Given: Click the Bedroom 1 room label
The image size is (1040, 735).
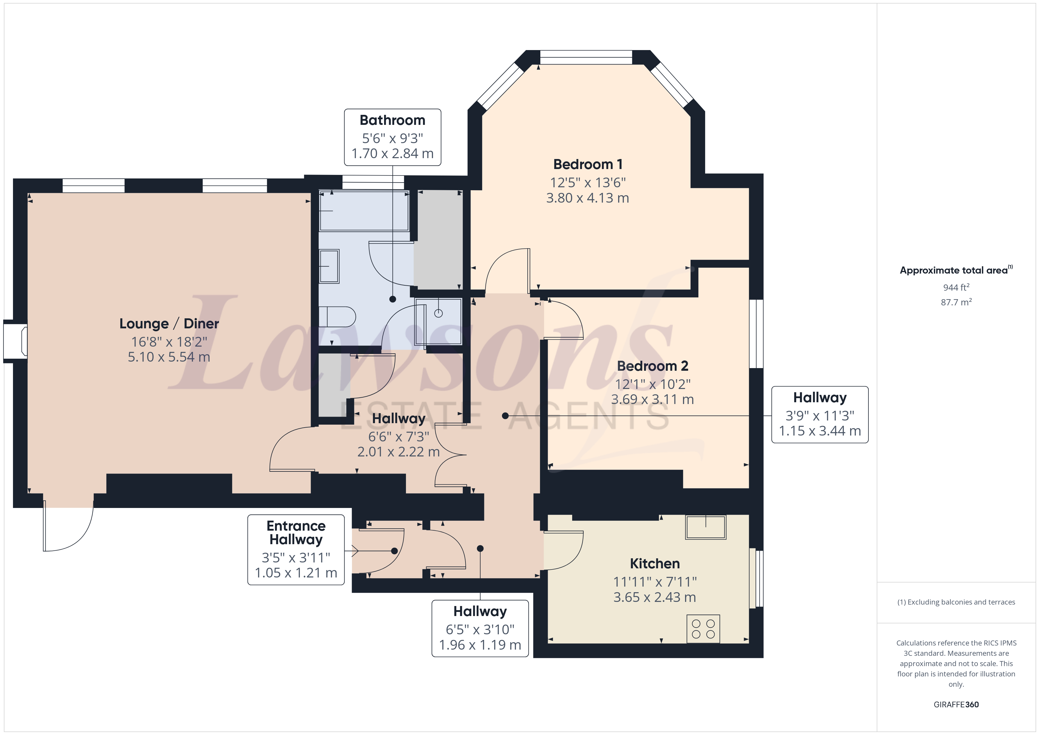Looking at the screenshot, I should [x=588, y=164].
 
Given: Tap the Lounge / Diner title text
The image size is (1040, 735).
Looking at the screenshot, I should [x=169, y=324].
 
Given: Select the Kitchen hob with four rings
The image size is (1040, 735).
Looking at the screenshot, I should [x=703, y=629].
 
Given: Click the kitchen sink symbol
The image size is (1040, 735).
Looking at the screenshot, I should [x=706, y=527].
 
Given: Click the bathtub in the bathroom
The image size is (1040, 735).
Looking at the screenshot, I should [x=364, y=211].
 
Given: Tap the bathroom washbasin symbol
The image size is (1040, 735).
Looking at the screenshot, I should [x=329, y=266].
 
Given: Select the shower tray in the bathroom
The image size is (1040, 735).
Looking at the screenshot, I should [x=438, y=321].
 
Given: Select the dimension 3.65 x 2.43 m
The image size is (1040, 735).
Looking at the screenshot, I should [x=654, y=597].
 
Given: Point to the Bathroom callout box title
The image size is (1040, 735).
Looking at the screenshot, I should [x=392, y=120].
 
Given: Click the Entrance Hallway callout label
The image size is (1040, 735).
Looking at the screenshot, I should [x=296, y=533].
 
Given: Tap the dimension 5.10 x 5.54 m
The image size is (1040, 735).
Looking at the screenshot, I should [x=169, y=357].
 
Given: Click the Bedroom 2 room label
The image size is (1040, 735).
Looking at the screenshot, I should [x=652, y=366].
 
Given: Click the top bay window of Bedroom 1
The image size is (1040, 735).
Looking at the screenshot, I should [x=586, y=57].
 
